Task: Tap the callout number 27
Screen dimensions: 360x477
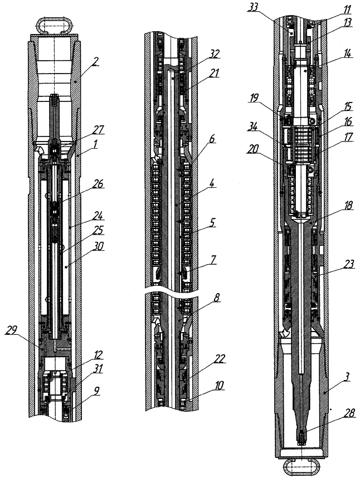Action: click(98, 130)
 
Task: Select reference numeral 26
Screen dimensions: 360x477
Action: click(98, 184)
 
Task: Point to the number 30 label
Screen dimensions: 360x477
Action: click(98, 246)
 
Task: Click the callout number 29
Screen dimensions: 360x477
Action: click(11, 330)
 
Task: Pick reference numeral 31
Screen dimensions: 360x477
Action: click(98, 369)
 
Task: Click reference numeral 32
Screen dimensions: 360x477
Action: click(213, 54)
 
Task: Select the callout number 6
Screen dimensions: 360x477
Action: click(212, 139)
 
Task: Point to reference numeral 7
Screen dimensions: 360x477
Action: click(213, 261)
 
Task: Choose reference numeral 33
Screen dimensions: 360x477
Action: click(252, 7)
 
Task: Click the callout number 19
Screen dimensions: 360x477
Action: click(253, 98)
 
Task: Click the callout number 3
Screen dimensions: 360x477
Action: click(347, 377)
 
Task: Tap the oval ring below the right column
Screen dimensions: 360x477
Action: click(301, 465)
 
